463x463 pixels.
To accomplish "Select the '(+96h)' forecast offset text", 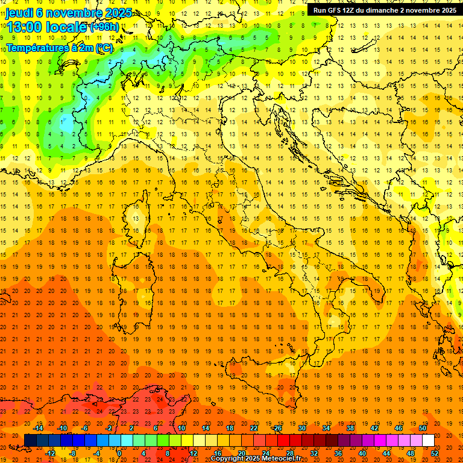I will coord(104,27).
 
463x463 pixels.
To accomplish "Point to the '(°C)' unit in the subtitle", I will coord(103,48).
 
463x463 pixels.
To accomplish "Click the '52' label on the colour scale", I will coord(435,453).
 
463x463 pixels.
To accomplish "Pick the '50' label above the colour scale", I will coord(423,429).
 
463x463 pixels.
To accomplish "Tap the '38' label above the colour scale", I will coord(350,429).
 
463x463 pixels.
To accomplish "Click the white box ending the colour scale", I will coord(428,441).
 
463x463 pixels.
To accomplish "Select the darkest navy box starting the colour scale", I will coord(30,441).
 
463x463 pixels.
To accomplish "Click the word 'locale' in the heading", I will coord(68,27).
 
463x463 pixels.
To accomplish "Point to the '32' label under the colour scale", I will coord(314,453).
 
